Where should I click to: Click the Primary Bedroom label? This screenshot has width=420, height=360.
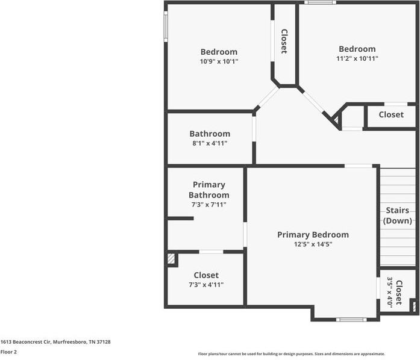tap(313, 235)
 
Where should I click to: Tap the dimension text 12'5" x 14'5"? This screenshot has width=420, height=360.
tap(313, 244)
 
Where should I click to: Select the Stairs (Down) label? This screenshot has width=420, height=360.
tap(398, 216)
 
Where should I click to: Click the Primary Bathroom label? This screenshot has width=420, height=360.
tap(208, 190)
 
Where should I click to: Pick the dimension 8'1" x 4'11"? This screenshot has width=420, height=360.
tap(210, 143)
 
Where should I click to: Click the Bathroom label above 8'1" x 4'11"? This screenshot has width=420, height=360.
tap(210, 134)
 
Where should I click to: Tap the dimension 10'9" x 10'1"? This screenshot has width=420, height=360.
tap(219, 61)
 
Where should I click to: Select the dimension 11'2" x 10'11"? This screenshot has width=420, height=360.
tap(357, 58)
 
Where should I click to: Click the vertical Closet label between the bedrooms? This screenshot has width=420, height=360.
tap(284, 42)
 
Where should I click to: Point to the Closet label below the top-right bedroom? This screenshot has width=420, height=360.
tap(391, 114)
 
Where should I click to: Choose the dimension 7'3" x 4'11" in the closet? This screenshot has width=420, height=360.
tap(206, 285)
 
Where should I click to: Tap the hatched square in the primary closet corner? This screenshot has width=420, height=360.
tap(171, 259)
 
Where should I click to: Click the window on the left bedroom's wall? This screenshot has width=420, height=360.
tap(166, 26)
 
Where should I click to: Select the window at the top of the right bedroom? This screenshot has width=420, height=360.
tap(320, 2)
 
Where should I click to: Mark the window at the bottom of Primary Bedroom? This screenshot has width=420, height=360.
tap(351, 319)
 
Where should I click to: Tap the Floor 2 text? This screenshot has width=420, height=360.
tap(9, 352)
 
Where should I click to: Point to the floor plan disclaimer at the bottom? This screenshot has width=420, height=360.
tap(292, 354)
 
